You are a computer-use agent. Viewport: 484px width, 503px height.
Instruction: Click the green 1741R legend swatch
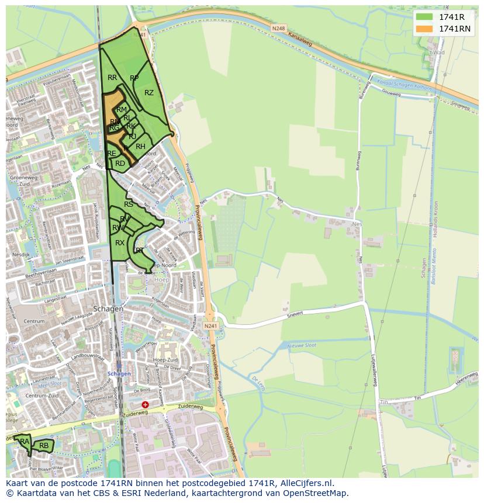point(424,17)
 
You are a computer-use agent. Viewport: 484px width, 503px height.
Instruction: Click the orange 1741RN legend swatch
point(424,29)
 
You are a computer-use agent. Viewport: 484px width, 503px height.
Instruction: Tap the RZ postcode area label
point(149,93)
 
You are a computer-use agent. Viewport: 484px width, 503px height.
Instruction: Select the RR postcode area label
point(112,78)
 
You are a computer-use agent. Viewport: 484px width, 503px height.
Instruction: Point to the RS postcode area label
point(129,204)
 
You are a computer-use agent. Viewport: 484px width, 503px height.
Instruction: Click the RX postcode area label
point(120,243)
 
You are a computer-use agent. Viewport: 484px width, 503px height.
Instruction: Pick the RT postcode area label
point(140,250)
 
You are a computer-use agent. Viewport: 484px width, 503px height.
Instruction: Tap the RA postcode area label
point(25,442)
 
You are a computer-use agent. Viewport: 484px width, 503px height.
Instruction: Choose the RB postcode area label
point(44,446)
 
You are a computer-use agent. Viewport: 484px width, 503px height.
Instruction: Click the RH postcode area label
point(140,147)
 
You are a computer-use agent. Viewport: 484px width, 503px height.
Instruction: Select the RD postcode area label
point(120,164)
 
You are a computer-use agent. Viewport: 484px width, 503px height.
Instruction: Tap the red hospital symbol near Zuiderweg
point(145,404)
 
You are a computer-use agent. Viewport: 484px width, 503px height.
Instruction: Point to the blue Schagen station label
point(119,374)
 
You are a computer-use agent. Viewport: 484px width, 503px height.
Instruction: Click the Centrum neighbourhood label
point(34,321)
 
